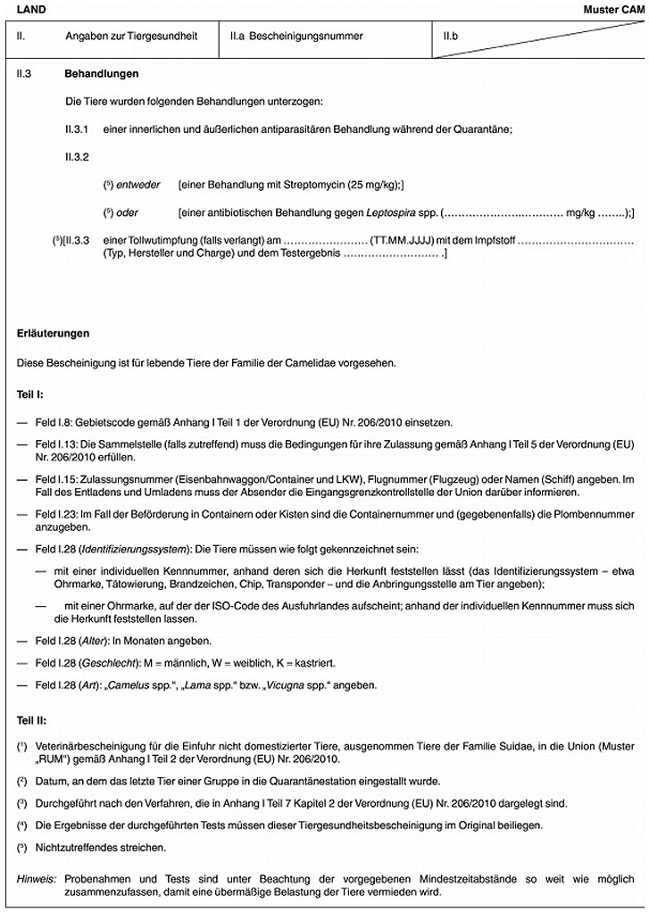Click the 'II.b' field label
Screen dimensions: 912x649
(x=452, y=37)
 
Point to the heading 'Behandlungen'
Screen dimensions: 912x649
(x=102, y=73)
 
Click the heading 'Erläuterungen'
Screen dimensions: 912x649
(x=54, y=333)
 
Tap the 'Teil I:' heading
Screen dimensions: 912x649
(x=31, y=393)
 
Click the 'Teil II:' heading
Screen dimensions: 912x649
(x=33, y=717)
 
